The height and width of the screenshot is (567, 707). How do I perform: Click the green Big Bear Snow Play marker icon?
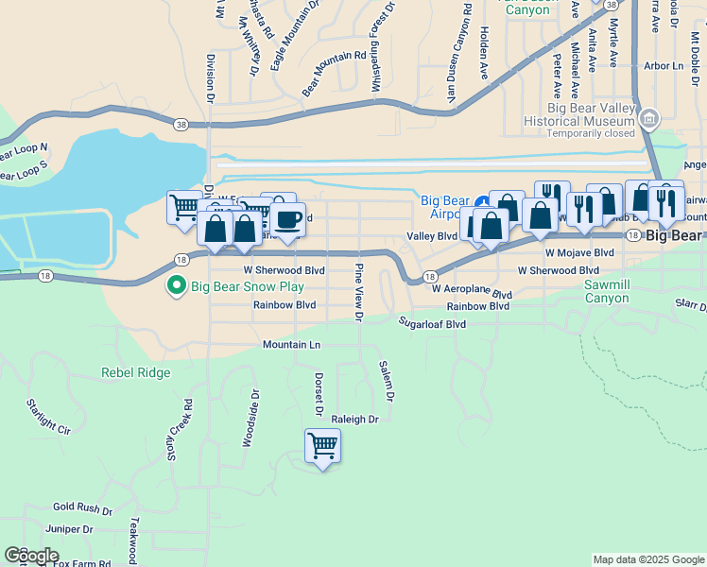[175, 284]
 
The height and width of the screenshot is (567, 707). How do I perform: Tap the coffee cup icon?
[288, 220]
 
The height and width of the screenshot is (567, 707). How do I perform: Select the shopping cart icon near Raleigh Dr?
[322, 445]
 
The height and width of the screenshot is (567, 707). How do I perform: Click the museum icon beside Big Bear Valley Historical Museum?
[649, 118]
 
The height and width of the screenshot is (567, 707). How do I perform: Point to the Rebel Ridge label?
[136, 372]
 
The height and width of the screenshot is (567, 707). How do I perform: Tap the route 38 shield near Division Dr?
[180, 124]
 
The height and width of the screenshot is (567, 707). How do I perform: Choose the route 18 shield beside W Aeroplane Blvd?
[430, 277]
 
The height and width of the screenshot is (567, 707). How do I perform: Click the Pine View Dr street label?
[358, 293]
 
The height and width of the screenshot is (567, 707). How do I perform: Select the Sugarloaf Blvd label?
[432, 323]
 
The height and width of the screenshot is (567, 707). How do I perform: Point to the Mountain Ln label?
[291, 345]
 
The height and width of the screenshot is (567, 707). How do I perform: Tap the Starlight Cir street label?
[48, 417]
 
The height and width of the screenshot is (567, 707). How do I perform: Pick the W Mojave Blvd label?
[579, 253]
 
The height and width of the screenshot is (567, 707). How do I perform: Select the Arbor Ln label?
[663, 66]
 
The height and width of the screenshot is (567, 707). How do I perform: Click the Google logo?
[31, 556]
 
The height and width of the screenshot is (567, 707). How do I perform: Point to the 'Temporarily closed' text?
[591, 134]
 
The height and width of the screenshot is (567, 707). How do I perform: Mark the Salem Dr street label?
[385, 379]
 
